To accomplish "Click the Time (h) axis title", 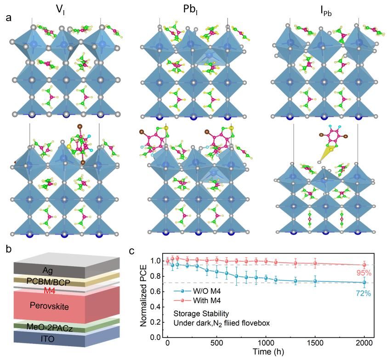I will (266, 353).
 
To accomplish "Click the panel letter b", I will (8, 251).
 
